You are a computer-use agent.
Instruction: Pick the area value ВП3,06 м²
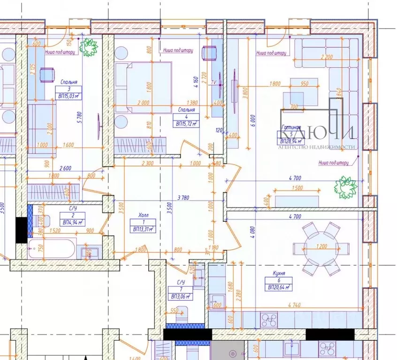tap(179, 297)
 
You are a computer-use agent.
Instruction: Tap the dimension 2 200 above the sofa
tap(328, 58)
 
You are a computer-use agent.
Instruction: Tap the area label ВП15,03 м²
tap(69, 96)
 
